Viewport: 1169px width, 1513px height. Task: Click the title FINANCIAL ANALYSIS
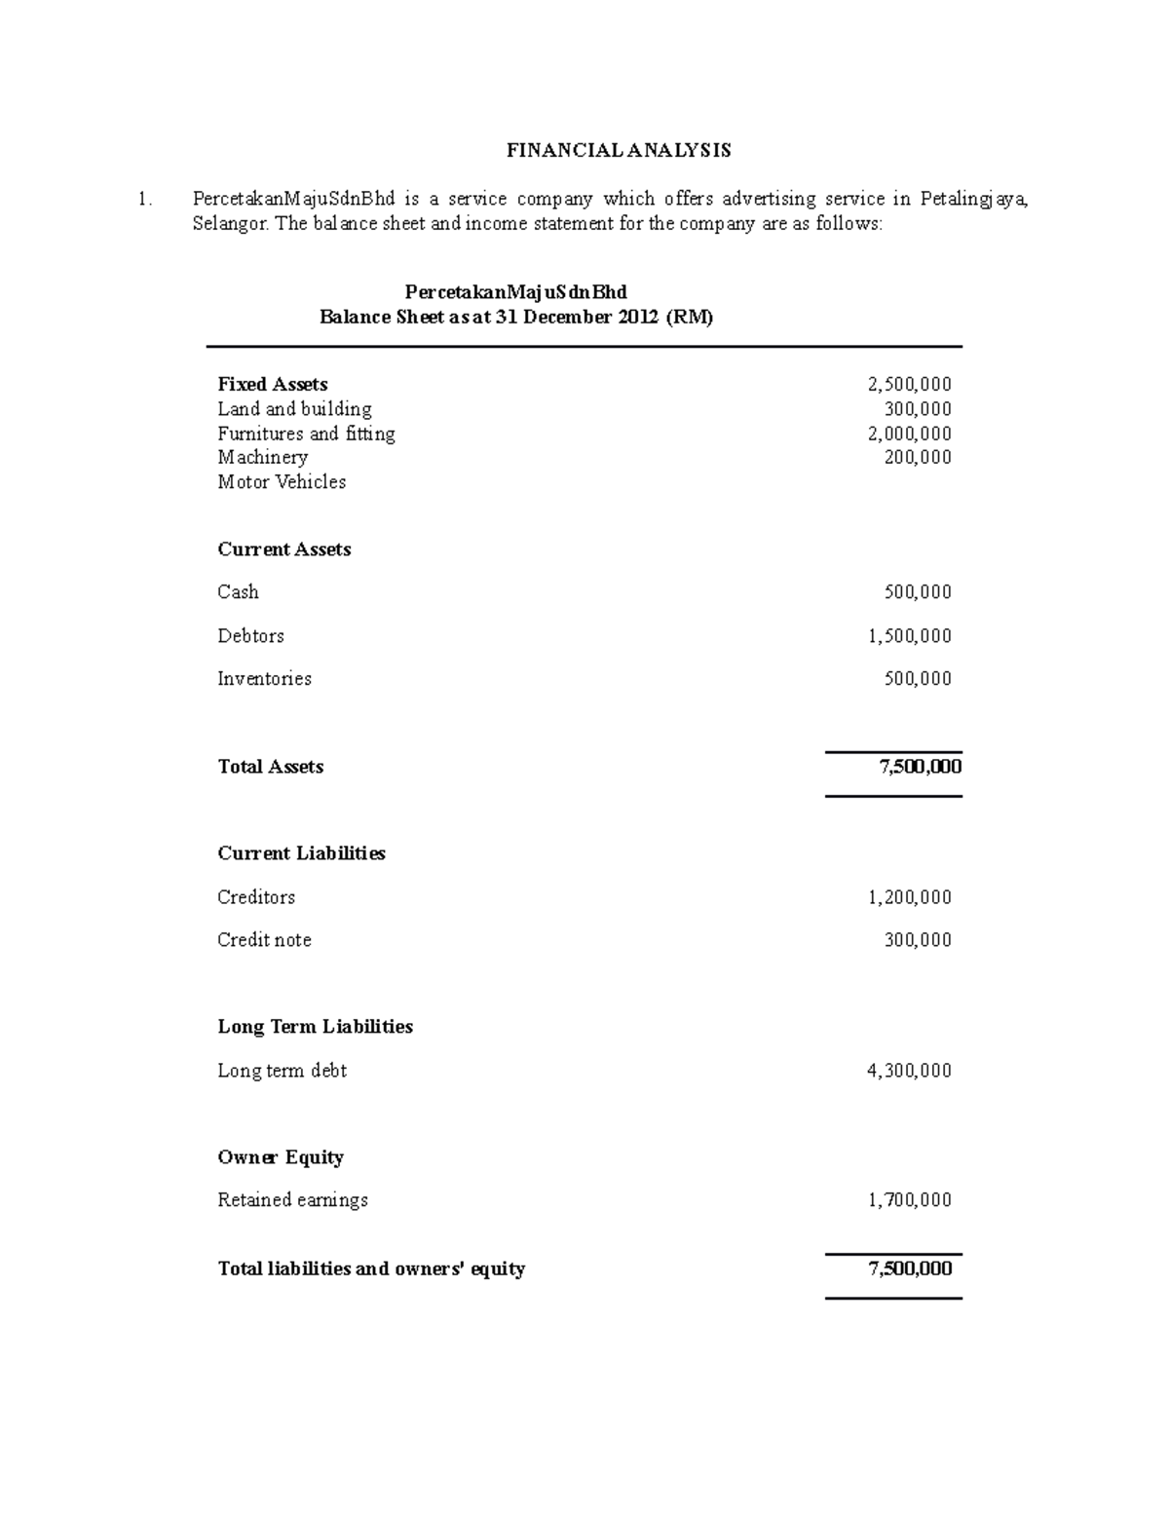(619, 150)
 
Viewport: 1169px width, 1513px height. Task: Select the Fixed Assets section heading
(272, 384)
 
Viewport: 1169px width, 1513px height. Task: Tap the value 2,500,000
(909, 384)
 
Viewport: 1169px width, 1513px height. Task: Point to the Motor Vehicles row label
(282, 481)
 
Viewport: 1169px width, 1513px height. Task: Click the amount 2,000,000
(909, 434)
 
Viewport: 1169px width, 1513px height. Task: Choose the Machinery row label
(262, 457)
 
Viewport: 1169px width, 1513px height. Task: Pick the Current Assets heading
(283, 549)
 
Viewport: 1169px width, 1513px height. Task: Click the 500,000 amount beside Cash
(917, 592)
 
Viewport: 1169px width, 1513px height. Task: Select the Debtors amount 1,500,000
(909, 636)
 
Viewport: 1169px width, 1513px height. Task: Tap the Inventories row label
(264, 679)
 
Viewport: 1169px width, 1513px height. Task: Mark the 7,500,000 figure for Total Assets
(920, 767)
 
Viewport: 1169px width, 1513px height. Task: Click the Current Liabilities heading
(301, 853)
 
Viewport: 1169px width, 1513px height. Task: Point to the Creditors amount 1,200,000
(909, 897)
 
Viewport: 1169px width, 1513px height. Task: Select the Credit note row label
(264, 940)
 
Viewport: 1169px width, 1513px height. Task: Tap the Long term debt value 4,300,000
(909, 1071)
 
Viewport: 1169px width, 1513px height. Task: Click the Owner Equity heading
(281, 1157)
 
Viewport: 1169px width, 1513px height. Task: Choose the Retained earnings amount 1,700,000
(909, 1200)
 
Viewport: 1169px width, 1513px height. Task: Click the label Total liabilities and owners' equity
(371, 1268)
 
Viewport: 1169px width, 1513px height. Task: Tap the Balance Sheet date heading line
(516, 318)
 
